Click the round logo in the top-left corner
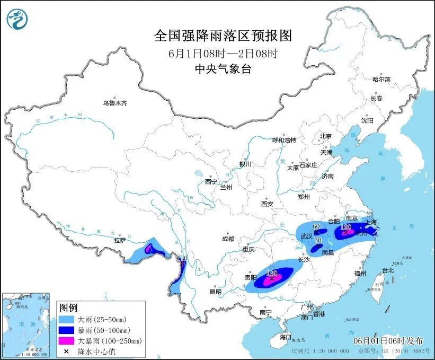tap(17, 19)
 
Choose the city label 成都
tap(228, 239)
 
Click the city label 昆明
tap(215, 292)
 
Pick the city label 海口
tap(286, 337)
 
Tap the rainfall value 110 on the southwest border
tap(182, 258)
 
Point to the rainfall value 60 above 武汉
tap(316, 227)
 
